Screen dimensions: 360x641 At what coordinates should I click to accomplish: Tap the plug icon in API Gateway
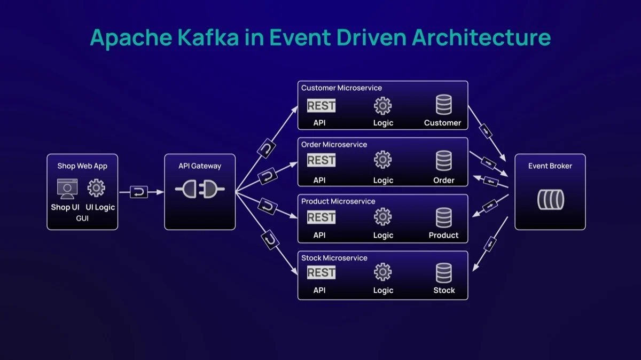pyautogui.click(x=200, y=190)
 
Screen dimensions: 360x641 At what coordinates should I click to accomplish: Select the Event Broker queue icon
pyautogui.click(x=550, y=200)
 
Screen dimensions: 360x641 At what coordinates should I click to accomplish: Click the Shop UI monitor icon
pyautogui.click(x=67, y=189)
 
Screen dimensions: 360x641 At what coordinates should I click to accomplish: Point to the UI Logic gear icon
pyautogui.click(x=96, y=188)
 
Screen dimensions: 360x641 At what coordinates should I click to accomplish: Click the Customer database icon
pyautogui.click(x=443, y=105)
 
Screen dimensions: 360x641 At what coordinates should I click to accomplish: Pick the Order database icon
pyautogui.click(x=443, y=161)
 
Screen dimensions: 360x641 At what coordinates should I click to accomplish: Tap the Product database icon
pyautogui.click(x=443, y=217)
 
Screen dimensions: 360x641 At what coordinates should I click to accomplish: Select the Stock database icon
pyautogui.click(x=443, y=273)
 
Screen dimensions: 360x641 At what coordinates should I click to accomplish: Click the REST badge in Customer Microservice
pyautogui.click(x=321, y=106)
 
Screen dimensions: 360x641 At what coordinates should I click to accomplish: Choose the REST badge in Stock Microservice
pyautogui.click(x=321, y=272)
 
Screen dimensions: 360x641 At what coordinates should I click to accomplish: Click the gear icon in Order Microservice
pyautogui.click(x=382, y=160)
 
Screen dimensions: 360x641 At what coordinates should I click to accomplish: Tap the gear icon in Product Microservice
pyautogui.click(x=382, y=216)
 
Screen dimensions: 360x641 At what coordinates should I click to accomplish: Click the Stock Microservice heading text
pyautogui.click(x=334, y=258)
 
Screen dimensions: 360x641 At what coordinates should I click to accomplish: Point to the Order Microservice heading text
pyautogui.click(x=334, y=145)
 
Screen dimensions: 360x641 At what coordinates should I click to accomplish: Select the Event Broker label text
pyautogui.click(x=550, y=166)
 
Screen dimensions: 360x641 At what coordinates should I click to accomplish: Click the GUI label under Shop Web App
pyautogui.click(x=82, y=218)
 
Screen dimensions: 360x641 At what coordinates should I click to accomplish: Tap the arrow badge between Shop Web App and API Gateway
pyautogui.click(x=139, y=192)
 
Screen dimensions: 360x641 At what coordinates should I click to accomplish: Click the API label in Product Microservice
pyautogui.click(x=319, y=235)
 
